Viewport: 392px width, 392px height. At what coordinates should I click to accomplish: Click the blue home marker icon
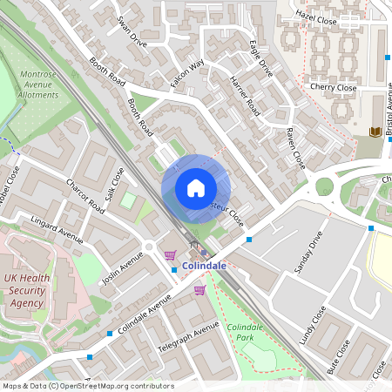pos(196,188)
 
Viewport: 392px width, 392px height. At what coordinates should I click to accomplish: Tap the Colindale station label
pos(205,266)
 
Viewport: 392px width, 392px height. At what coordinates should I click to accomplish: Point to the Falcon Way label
pos(186,73)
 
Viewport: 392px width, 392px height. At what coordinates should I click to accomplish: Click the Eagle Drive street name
pos(260,58)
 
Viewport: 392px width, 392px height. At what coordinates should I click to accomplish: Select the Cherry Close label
pos(333,87)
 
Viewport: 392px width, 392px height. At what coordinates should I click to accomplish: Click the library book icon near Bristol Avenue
pos(375,132)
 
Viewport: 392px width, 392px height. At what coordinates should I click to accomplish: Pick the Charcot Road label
pos(85,196)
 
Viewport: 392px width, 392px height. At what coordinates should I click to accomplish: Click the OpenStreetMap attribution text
pos(88,386)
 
